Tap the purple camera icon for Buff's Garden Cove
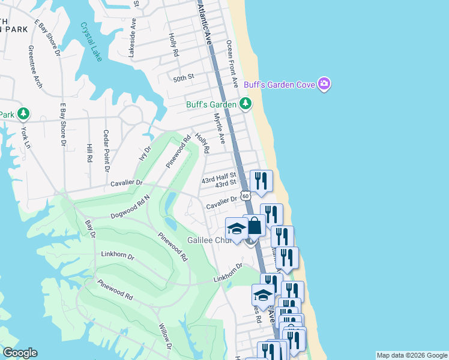324,84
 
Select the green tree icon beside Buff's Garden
245,104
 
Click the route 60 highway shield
245,196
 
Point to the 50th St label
184,77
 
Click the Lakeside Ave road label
133,37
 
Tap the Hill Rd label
89,154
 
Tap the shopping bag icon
254,226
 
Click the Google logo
19,353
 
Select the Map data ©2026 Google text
412,355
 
